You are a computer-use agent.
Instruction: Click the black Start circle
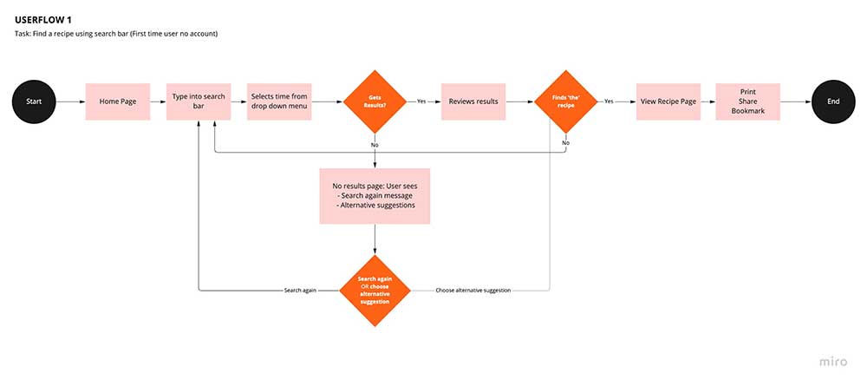click(x=34, y=101)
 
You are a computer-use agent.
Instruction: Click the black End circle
click(x=833, y=101)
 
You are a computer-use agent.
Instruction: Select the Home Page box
click(x=118, y=101)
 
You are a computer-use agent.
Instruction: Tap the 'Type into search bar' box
click(x=199, y=101)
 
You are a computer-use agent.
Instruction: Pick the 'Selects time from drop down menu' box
click(x=279, y=101)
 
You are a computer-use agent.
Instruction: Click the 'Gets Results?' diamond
click(x=375, y=101)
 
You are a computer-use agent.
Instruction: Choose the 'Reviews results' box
click(x=473, y=101)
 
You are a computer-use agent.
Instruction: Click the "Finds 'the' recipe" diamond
click(x=566, y=101)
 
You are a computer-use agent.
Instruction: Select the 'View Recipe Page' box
click(x=668, y=101)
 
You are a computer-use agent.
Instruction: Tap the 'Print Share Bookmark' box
click(x=747, y=101)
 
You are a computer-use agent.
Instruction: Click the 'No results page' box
click(x=375, y=196)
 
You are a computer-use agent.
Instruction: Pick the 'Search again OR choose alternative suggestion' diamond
click(x=375, y=290)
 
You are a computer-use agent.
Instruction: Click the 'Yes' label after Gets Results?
click(x=421, y=101)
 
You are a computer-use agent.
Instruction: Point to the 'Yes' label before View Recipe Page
click(x=609, y=101)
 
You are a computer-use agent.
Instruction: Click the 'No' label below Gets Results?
click(x=375, y=144)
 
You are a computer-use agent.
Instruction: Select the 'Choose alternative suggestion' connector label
click(x=473, y=290)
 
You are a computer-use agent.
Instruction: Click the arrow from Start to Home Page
click(x=69, y=101)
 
